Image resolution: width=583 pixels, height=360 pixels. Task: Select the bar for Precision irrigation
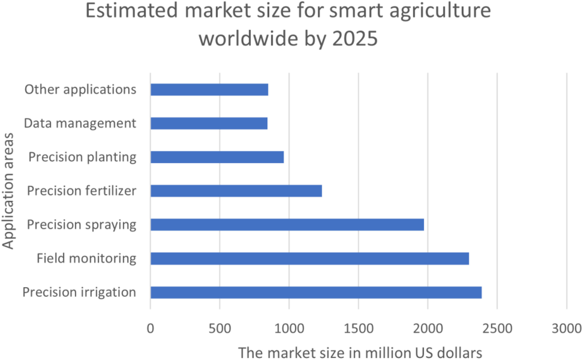click(316, 292)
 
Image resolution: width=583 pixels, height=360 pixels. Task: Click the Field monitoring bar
click(309, 258)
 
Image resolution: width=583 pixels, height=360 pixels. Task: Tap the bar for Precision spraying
click(287, 224)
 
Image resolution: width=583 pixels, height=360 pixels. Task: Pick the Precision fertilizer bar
click(236, 190)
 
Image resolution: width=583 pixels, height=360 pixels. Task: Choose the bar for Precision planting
click(217, 157)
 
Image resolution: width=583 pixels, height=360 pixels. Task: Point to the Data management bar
click(209, 123)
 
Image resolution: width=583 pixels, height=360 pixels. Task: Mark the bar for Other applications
click(209, 89)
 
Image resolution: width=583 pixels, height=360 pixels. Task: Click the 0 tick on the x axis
click(151, 328)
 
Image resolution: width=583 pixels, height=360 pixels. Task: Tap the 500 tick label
click(220, 328)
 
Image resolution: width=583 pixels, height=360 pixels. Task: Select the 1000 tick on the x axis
click(289, 328)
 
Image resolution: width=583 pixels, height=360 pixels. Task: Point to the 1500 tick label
click(359, 328)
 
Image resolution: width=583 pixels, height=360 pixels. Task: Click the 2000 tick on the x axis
click(428, 328)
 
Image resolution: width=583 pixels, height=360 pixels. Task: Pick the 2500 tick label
click(497, 328)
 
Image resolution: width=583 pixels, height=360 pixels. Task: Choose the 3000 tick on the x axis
click(566, 328)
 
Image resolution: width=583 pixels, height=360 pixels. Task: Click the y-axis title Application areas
click(8, 191)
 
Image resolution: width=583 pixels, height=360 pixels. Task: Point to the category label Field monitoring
click(86, 258)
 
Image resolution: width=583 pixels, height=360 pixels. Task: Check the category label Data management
click(80, 123)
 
